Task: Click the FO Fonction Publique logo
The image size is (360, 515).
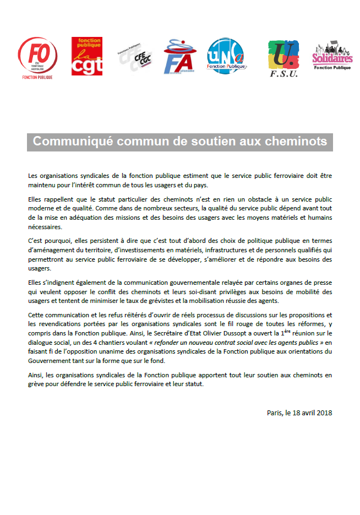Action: [x=37, y=57]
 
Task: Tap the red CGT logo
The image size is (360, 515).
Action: [x=87, y=56]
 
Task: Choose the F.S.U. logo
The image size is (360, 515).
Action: [x=283, y=58]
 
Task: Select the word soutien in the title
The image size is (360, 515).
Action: [x=205, y=142]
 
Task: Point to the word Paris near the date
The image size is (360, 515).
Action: [x=274, y=412]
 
